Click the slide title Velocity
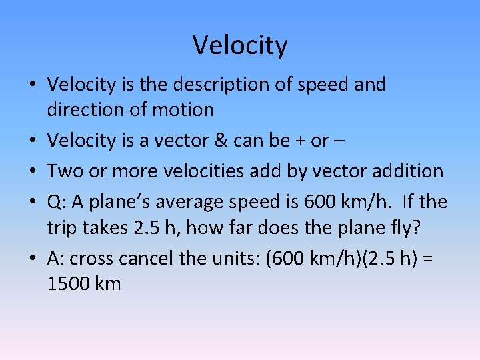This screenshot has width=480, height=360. (x=240, y=45)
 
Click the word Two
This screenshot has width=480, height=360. (x=64, y=171)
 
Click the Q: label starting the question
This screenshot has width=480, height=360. (x=56, y=201)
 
